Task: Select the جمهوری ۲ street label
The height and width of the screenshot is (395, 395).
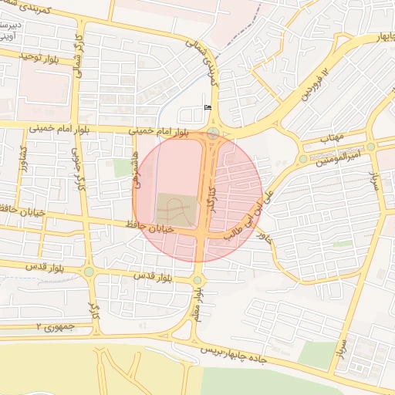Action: (55, 327)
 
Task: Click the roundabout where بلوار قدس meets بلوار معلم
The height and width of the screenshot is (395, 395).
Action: (197, 280)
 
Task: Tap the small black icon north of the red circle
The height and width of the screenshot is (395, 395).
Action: (206, 106)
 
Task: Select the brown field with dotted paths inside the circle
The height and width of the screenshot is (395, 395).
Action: (176, 207)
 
